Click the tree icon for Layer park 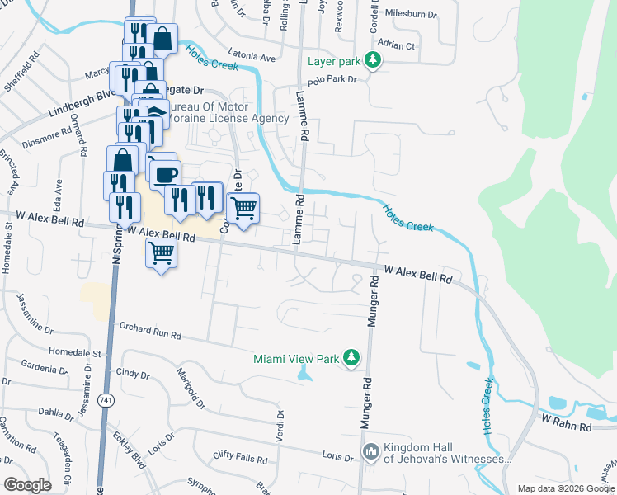374,61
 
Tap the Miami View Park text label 296,359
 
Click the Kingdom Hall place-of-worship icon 370,452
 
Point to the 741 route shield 106,399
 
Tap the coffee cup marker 165,174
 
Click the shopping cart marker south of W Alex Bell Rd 161,252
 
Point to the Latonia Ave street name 246,59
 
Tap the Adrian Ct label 395,45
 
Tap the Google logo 28,485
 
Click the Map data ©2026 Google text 566,488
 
